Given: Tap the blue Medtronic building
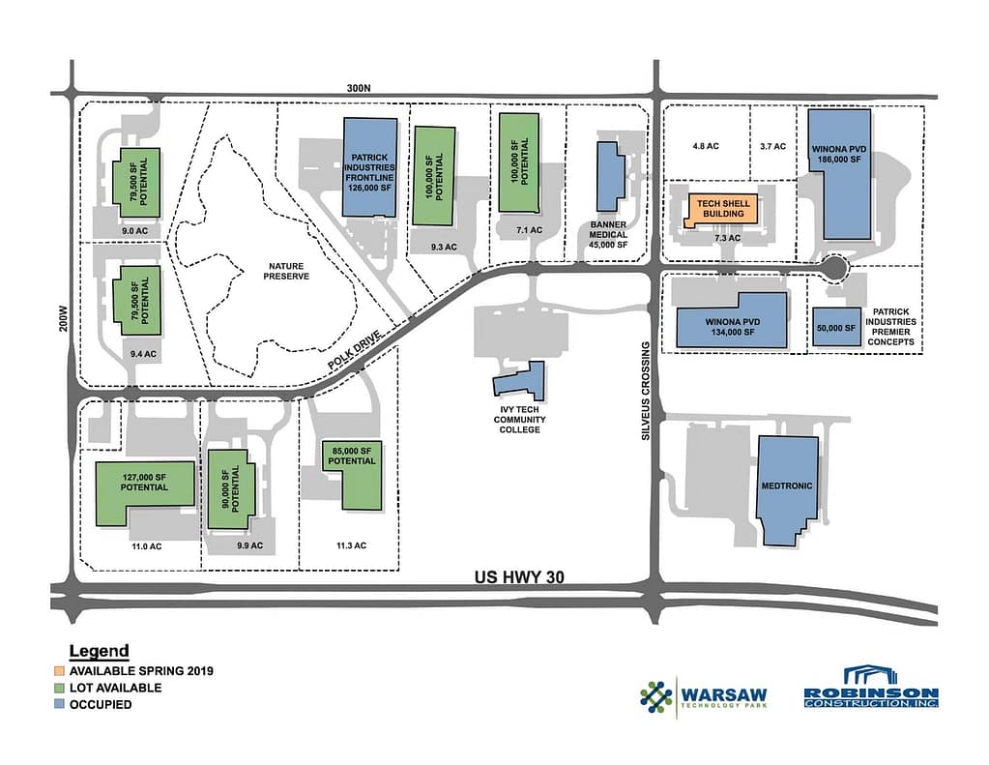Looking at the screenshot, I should point(787,488).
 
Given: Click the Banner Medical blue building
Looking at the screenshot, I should point(609,175).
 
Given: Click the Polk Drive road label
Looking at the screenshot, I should point(355,346).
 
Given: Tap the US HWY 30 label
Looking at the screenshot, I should point(518,577).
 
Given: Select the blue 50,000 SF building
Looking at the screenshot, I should point(835,328).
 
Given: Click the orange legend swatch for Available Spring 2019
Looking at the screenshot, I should point(60,670).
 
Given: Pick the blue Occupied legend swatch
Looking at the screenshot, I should point(60,704).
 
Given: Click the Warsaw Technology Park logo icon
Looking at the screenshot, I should point(656,697).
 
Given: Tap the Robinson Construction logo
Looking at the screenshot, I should point(871,688).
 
